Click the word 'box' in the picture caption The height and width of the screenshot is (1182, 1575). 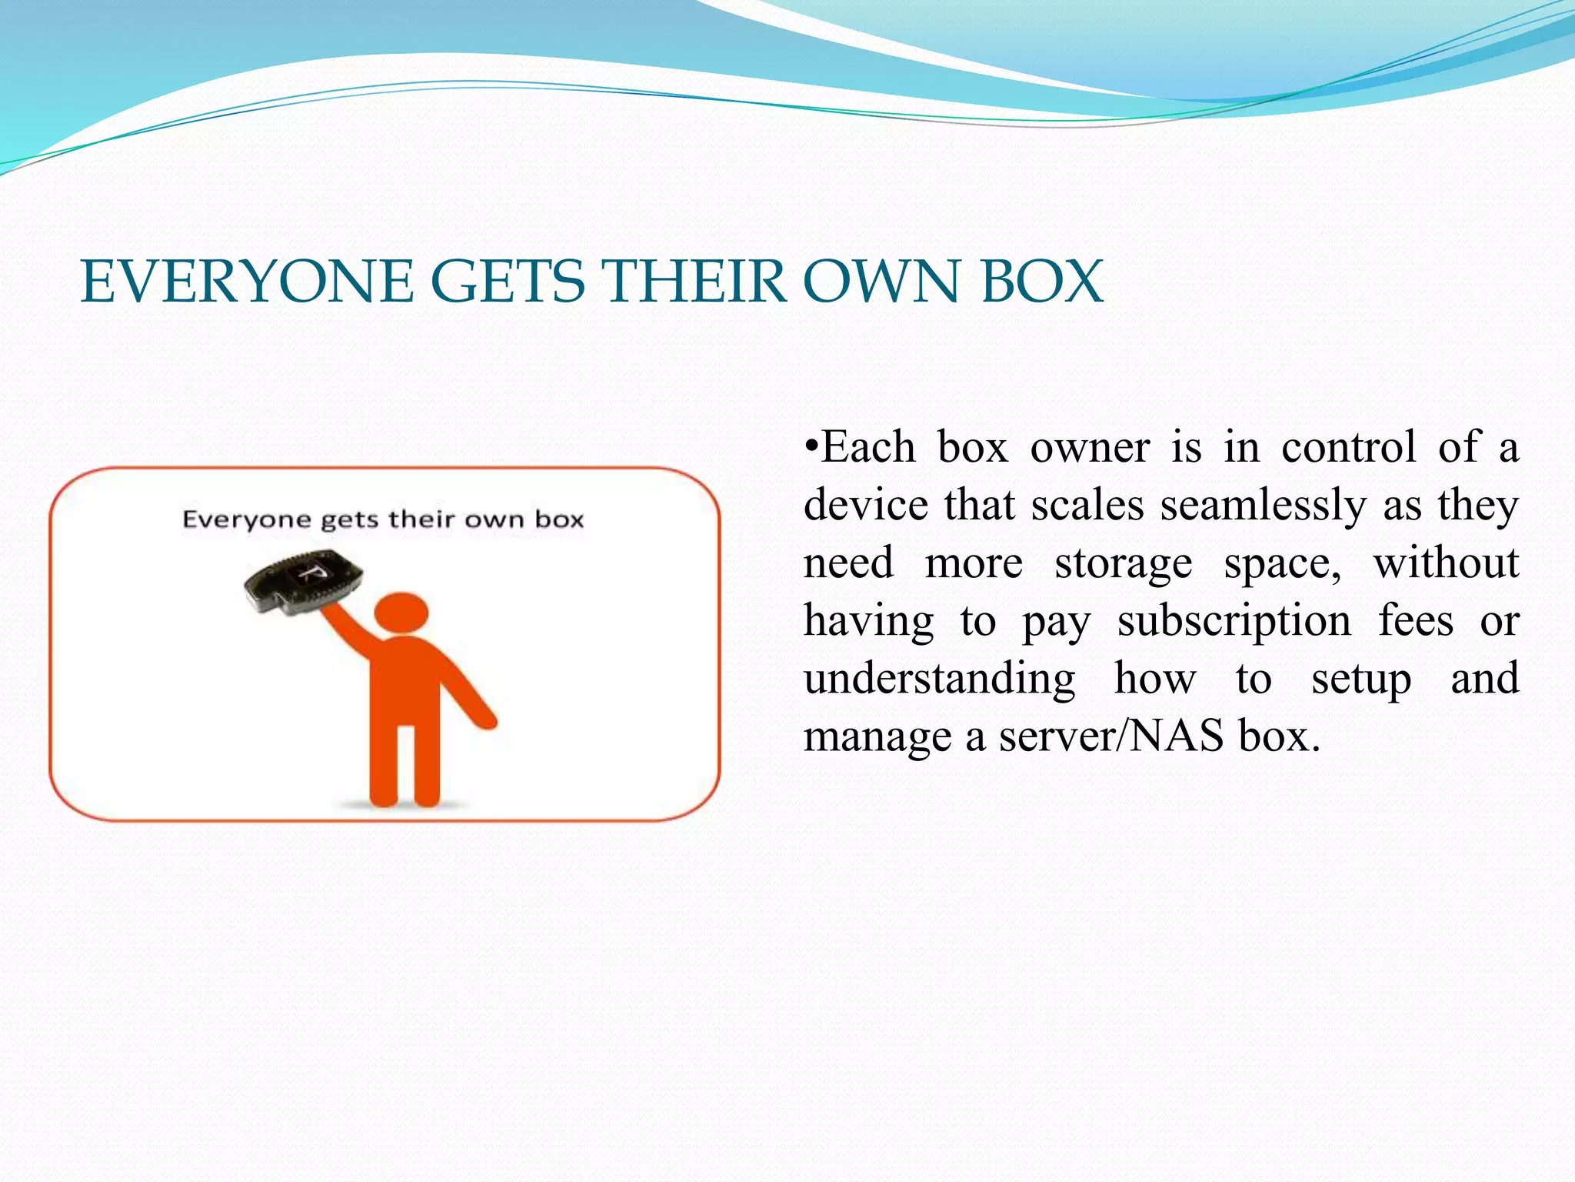[x=559, y=519]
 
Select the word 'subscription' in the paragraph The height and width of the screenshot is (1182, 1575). [x=1234, y=621]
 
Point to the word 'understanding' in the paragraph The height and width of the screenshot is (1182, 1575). [x=939, y=679]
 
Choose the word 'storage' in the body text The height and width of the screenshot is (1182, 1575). [x=1123, y=564]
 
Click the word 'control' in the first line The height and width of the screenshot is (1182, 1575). [x=1348, y=447]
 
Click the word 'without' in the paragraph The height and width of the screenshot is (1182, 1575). [x=1445, y=563]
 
